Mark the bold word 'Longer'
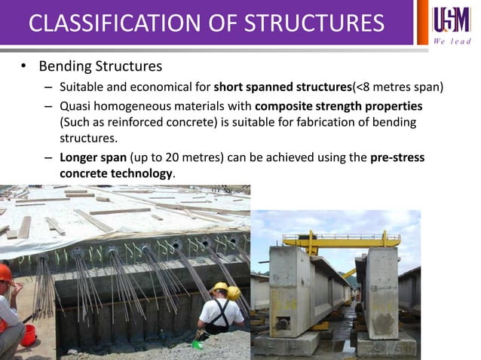tap(81, 158)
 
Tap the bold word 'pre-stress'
tap(398, 158)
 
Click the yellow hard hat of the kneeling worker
tap(219, 288)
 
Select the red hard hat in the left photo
tap(5, 272)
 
